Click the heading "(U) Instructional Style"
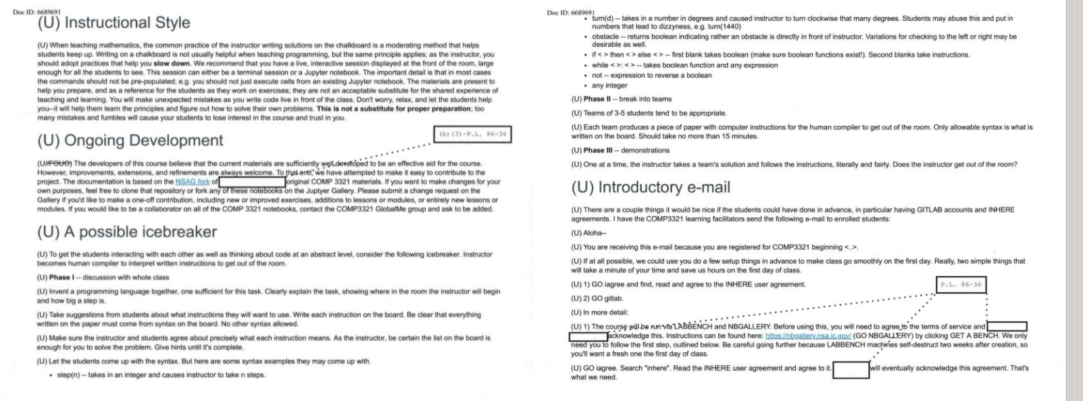pos(114,23)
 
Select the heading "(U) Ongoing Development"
pos(130,140)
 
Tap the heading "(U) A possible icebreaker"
pos(127,232)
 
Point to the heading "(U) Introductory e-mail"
pos(651,187)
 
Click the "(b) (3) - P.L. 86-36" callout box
pos(472,134)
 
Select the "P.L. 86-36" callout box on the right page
pos(961,284)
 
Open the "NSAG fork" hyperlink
pos(193,182)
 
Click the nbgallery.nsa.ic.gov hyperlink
pos(807,336)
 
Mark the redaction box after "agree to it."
pos(851,369)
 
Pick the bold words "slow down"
pos(171,63)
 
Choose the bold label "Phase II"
pos(597,99)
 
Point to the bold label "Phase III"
pos(598,151)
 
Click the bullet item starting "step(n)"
pos(161,375)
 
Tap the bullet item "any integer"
pos(609,86)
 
